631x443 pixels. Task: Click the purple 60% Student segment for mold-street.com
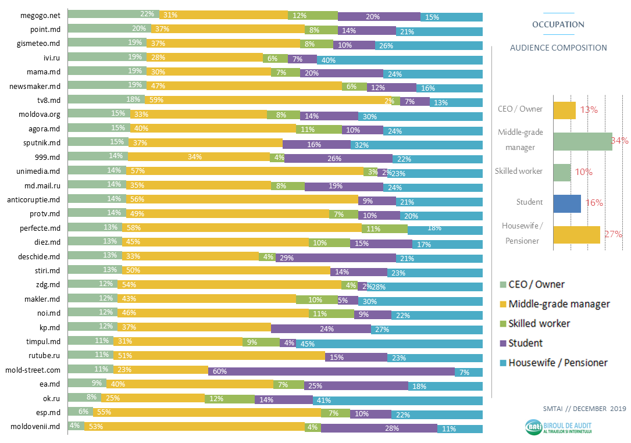(x=331, y=371)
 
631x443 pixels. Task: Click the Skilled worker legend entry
(x=539, y=323)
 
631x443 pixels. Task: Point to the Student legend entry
(x=525, y=343)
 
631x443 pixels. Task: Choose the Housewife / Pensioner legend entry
(x=557, y=363)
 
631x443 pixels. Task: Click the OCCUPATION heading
(x=558, y=24)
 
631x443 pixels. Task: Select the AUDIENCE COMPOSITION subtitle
(x=558, y=48)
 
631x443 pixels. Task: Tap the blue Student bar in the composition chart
(x=567, y=203)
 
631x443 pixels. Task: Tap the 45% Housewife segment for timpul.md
(x=390, y=342)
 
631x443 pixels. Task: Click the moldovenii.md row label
(x=36, y=427)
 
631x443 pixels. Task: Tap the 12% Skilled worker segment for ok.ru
(x=230, y=399)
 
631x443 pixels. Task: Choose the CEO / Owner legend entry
(x=536, y=284)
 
